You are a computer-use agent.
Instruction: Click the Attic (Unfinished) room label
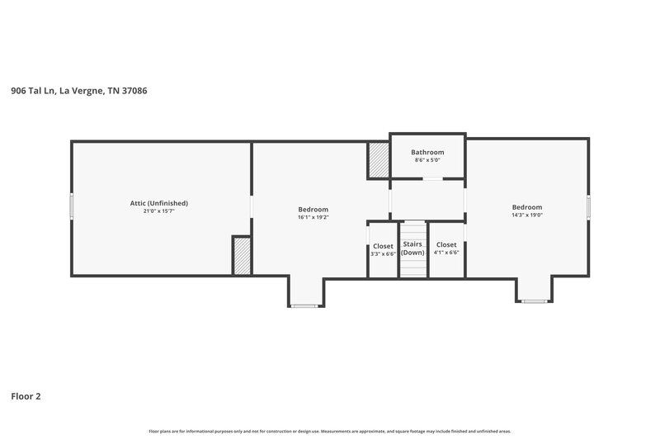coord(159,203)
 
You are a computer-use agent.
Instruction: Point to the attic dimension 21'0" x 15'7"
coord(159,211)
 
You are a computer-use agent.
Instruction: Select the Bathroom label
coord(427,152)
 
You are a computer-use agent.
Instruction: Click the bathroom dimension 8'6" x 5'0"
coord(427,160)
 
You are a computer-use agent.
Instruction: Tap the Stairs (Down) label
coord(412,248)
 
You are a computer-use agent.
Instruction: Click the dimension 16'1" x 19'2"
coord(313,218)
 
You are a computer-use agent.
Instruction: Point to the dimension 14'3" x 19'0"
coord(526,215)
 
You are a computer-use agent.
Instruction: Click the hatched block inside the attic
coord(242,256)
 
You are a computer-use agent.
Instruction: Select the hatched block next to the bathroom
coord(378,160)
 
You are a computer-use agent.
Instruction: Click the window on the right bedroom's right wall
coord(588,206)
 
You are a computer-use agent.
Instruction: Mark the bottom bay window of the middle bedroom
coord(304,305)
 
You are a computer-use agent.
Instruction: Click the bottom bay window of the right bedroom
coord(535,301)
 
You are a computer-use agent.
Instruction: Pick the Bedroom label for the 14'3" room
coord(526,207)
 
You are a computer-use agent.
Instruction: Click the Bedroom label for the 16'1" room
coord(313,210)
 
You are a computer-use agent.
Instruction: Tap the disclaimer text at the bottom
coord(329,431)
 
